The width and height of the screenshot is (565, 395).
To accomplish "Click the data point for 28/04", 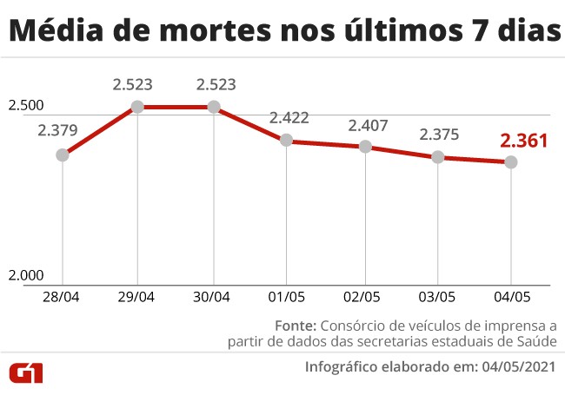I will (x=63, y=155).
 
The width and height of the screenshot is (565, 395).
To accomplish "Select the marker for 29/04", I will (x=137, y=107).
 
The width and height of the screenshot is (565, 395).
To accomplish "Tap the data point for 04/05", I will (x=511, y=162).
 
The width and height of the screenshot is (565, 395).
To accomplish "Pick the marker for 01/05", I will (x=288, y=141).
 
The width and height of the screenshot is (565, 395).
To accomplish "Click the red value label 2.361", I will (x=522, y=140).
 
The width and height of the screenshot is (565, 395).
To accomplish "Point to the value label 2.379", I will (x=58, y=132).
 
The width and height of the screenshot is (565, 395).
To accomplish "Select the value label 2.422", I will (x=289, y=118).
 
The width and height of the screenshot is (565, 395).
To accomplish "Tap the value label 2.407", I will (x=368, y=125).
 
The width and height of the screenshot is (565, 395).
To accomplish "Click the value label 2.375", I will (x=440, y=135).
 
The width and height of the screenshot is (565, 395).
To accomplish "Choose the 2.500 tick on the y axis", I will (x=25, y=106).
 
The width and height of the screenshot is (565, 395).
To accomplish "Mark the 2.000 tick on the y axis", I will (x=25, y=275).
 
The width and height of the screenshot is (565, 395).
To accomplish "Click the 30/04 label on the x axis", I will (x=212, y=297).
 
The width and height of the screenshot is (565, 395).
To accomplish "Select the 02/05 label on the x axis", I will (x=364, y=297).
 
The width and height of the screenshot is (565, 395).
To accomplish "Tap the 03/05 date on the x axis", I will (x=436, y=297).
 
